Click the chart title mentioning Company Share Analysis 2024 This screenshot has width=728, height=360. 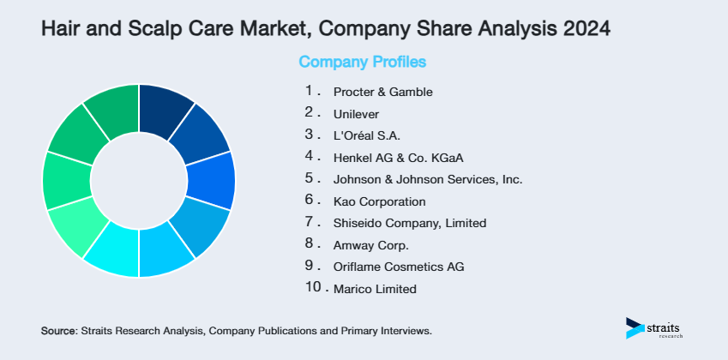(x=326, y=29)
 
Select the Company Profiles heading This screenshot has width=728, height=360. (x=362, y=62)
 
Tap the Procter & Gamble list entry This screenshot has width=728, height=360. (x=382, y=92)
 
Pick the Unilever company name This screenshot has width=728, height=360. (x=356, y=113)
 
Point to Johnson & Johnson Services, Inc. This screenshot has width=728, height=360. (x=428, y=180)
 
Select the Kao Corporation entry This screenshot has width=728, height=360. (x=379, y=202)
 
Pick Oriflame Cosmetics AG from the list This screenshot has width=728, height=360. (x=399, y=267)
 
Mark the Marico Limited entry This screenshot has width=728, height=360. (x=375, y=289)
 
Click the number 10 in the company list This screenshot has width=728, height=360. (x=313, y=287)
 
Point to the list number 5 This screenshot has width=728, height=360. (x=310, y=178)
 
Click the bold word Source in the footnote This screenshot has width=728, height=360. (x=58, y=330)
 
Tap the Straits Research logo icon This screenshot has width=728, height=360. (x=635, y=327)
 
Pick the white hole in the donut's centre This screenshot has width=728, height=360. (x=139, y=181)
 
